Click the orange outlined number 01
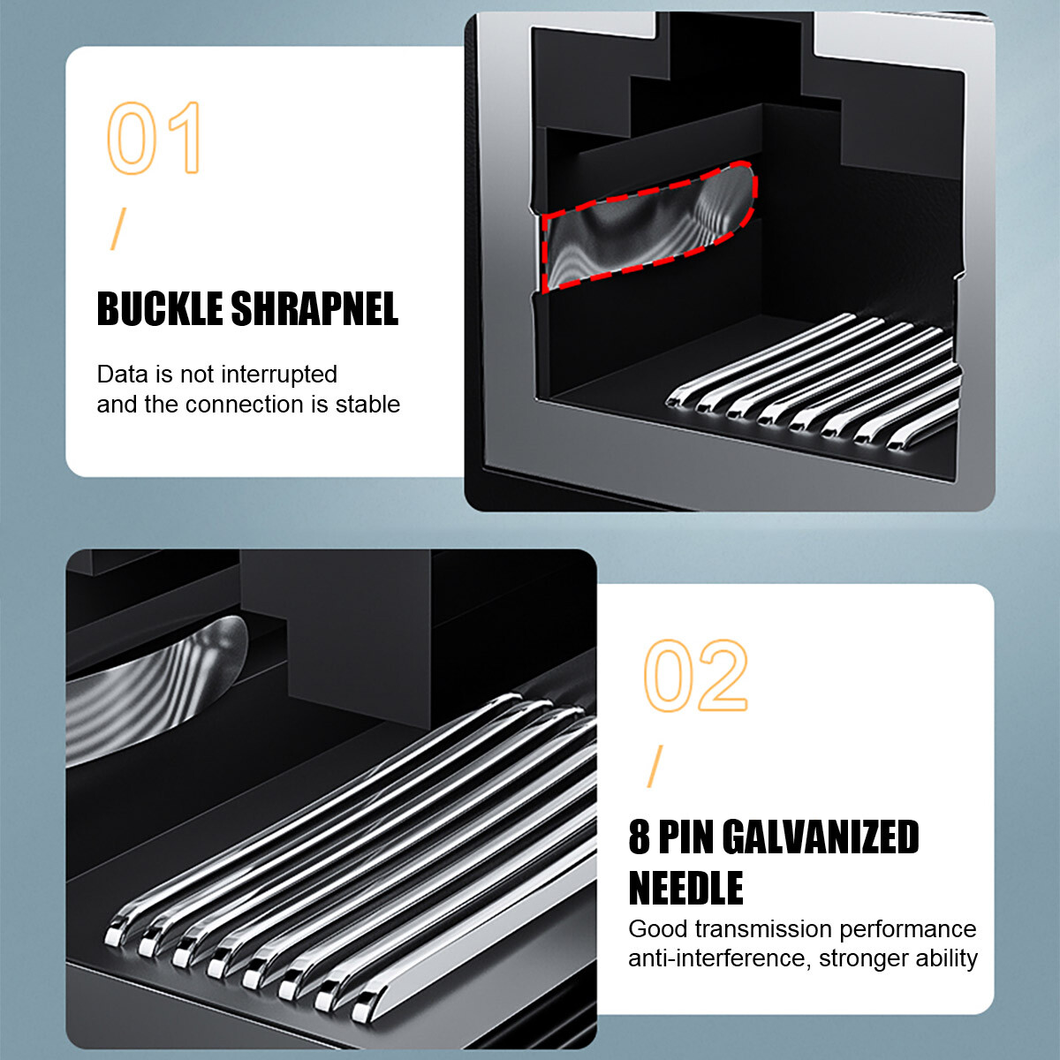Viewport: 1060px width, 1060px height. point(154,138)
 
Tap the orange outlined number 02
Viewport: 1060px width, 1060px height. point(695,676)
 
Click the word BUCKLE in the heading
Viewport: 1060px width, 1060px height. point(160,308)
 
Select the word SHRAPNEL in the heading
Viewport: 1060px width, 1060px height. point(314,308)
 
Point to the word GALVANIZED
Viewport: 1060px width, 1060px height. point(820,837)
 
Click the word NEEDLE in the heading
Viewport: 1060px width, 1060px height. point(685,889)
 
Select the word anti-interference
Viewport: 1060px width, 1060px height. point(720,958)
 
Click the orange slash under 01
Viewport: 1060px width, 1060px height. point(117,229)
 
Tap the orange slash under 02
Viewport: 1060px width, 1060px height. point(655,766)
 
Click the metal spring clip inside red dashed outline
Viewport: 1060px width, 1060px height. point(649,228)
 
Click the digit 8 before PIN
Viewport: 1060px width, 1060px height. point(639,837)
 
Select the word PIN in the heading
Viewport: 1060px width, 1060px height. point(685,837)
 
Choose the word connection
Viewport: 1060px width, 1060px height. point(245,405)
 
